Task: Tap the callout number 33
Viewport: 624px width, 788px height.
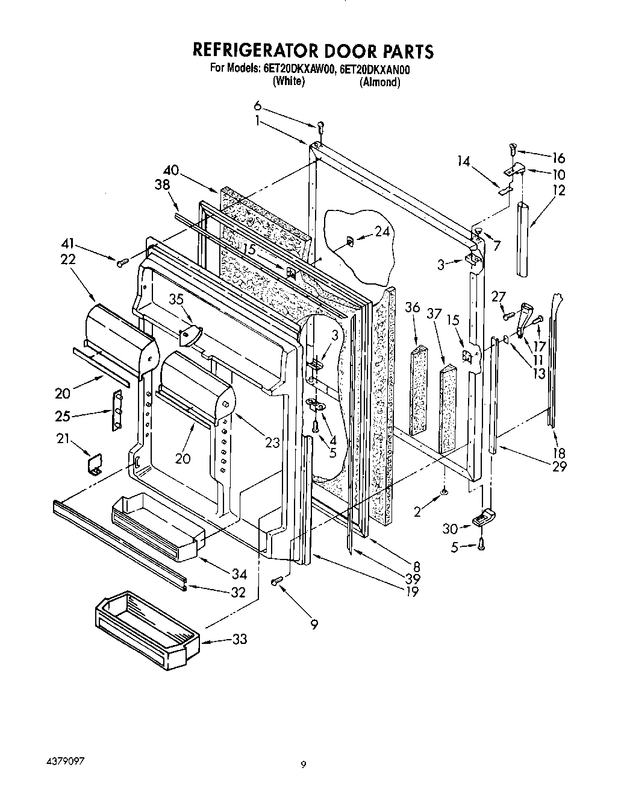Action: (x=240, y=639)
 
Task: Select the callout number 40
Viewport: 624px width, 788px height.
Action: (x=170, y=170)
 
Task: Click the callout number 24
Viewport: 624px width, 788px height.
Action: (x=382, y=231)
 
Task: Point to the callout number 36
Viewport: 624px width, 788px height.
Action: (x=413, y=306)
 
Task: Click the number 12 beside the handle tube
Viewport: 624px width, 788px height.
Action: (x=558, y=191)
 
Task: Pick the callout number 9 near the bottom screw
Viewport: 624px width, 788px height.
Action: (x=314, y=625)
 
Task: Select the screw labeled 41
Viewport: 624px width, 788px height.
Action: (x=123, y=261)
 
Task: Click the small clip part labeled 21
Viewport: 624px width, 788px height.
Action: (x=95, y=464)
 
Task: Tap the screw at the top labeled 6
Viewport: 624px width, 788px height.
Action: (x=321, y=125)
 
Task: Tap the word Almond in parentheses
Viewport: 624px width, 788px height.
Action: (x=379, y=83)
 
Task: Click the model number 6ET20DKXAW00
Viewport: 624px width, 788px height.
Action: (x=298, y=69)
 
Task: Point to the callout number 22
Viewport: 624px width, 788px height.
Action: (x=68, y=259)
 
